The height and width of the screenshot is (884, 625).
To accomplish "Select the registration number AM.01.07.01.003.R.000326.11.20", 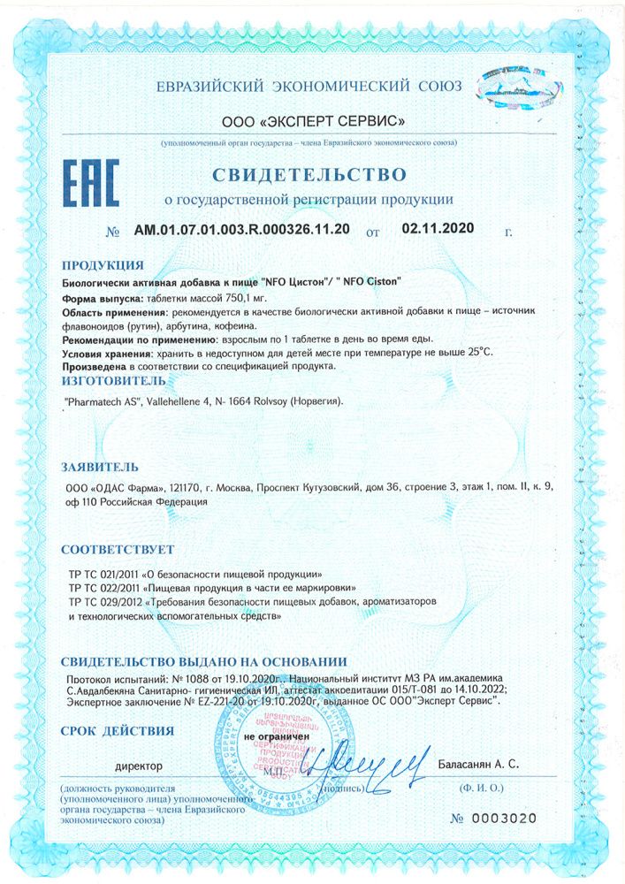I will coord(241,229).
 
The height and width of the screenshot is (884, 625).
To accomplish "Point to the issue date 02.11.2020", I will coord(438,228).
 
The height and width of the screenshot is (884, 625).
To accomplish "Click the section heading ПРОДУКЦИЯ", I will coord(103,265).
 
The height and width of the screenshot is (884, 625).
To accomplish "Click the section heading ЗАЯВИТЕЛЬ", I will coord(99,466).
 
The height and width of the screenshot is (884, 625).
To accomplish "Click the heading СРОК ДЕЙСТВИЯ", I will coord(117,730).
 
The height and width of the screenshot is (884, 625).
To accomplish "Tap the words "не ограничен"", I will coord(277,735).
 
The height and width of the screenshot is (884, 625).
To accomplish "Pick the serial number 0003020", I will coord(504,818).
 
